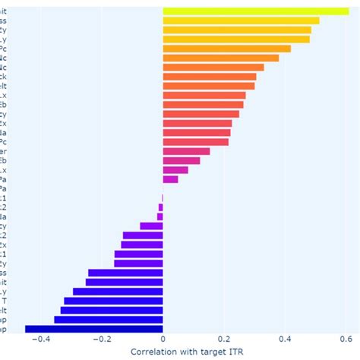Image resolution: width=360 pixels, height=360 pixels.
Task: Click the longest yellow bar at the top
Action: point(255,11)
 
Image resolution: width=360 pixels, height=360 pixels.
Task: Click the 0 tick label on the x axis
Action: point(163,339)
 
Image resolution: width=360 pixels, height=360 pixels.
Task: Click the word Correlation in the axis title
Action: point(158,352)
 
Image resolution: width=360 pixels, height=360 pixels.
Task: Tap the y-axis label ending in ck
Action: point(3,77)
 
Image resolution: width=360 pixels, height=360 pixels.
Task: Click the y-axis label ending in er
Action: point(3,151)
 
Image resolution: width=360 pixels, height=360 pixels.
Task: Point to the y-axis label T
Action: point(4,301)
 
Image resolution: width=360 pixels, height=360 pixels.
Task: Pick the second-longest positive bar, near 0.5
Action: point(241,21)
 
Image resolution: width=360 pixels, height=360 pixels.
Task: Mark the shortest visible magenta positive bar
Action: point(170,179)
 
